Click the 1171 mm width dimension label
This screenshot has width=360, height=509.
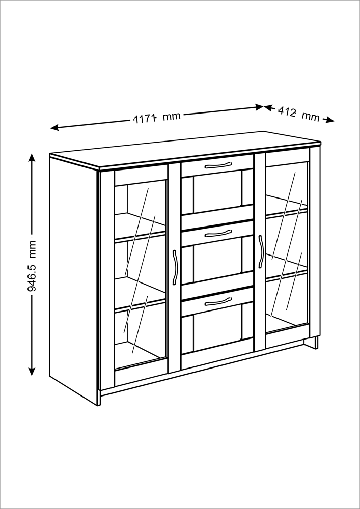pyautogui.click(x=157, y=118)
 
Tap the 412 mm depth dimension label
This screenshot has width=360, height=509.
pyautogui.click(x=299, y=114)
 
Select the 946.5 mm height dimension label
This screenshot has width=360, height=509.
pyautogui.click(x=32, y=266)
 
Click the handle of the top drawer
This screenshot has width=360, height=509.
pyautogui.click(x=218, y=165)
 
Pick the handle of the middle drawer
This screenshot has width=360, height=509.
pyautogui.click(x=218, y=234)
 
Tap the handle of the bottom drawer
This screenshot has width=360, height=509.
pyautogui.click(x=218, y=301)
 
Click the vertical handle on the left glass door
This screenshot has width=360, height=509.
pyautogui.click(x=175, y=268)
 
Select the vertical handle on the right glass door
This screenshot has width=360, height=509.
pyautogui.click(x=260, y=251)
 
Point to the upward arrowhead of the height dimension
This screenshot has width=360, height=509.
pyautogui.click(x=32, y=157)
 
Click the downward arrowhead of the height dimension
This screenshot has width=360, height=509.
pyautogui.click(x=32, y=372)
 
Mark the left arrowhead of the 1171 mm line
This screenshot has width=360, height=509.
pyautogui.click(x=54, y=128)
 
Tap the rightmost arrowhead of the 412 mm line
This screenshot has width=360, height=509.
pyautogui.click(x=330, y=120)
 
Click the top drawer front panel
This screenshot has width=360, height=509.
pyautogui.click(x=217, y=165)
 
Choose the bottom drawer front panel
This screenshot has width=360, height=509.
pyautogui.click(x=217, y=302)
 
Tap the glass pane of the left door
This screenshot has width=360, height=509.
pyautogui.click(x=140, y=275)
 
